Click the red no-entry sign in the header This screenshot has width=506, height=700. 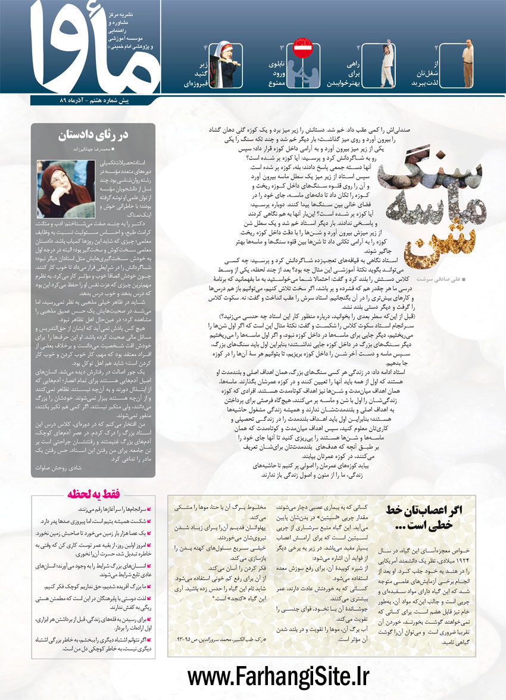(302, 49)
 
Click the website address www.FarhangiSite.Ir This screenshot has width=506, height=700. (279, 677)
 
